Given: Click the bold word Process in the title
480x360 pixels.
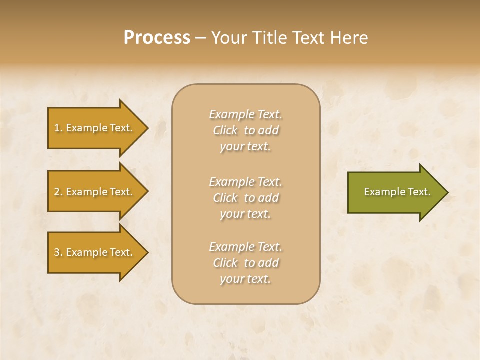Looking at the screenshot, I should (157, 38).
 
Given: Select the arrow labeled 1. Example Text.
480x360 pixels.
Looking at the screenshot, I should (95, 128).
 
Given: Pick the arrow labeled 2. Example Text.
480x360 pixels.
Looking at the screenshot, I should (95, 192).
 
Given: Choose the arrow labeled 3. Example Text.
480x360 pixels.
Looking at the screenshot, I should (95, 252).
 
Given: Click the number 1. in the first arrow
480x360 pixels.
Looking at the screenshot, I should (58, 128).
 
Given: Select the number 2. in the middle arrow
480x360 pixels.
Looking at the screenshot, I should (58, 192).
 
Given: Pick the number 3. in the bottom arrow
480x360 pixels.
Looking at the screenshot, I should (58, 252).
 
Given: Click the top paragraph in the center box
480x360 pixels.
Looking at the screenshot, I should (245, 130).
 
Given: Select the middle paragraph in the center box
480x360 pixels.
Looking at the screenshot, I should (245, 198).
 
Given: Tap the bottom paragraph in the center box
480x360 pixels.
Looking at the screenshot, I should (245, 263).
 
